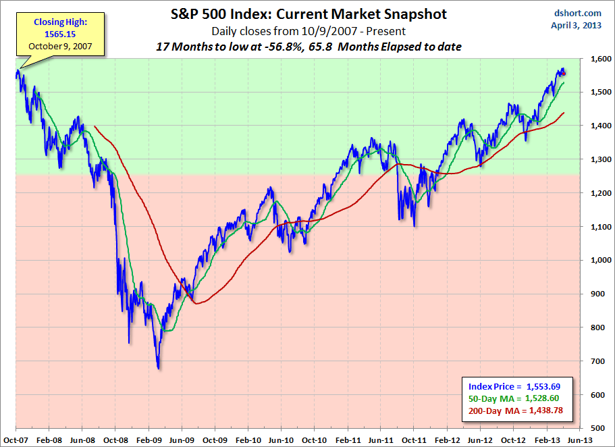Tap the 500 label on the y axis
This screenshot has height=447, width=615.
click(599, 429)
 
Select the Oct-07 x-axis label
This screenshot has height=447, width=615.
click(15, 439)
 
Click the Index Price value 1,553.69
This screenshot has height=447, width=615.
click(552, 386)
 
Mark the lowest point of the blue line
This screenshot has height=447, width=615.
click(158, 368)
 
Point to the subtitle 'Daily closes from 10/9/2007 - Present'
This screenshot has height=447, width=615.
click(308, 31)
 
